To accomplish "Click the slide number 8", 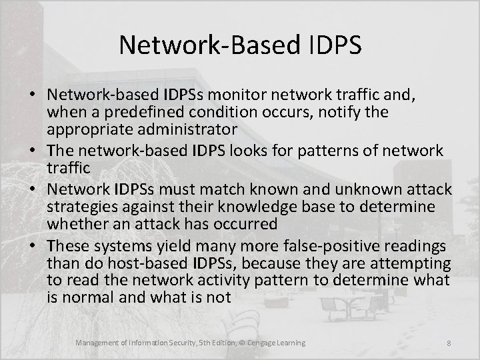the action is tap(448, 343).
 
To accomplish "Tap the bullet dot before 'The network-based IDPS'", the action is tap(35, 151).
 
